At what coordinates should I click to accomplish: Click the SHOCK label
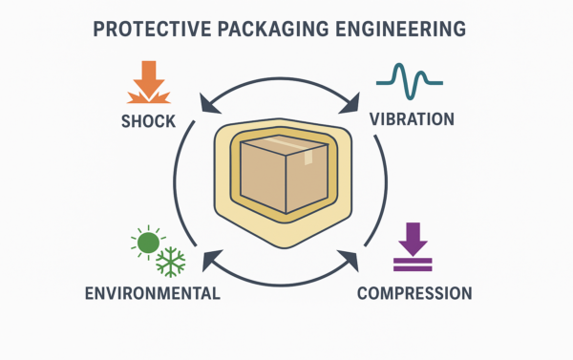pyautogui.click(x=149, y=121)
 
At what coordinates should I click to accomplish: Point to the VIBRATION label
pyautogui.click(x=412, y=119)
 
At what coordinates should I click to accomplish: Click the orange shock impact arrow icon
pyautogui.click(x=147, y=76)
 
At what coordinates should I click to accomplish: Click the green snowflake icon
pyautogui.click(x=171, y=261)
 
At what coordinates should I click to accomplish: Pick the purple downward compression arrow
pyautogui.click(x=413, y=235)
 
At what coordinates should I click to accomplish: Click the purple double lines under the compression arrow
pyautogui.click(x=413, y=259)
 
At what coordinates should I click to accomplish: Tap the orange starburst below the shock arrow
pyautogui.click(x=147, y=95)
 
